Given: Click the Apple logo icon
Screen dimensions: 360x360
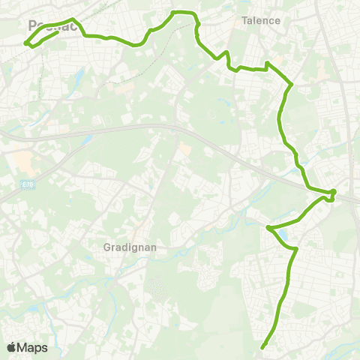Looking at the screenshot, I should click(x=11, y=347).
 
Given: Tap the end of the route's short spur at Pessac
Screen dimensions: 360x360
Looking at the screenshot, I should click(x=58, y=32).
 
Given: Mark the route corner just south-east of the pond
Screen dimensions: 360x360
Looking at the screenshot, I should click(x=296, y=248).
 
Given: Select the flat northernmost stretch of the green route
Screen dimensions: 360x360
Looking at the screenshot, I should click(x=184, y=13).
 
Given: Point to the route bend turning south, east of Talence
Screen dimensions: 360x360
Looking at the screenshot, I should click(x=290, y=85).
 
